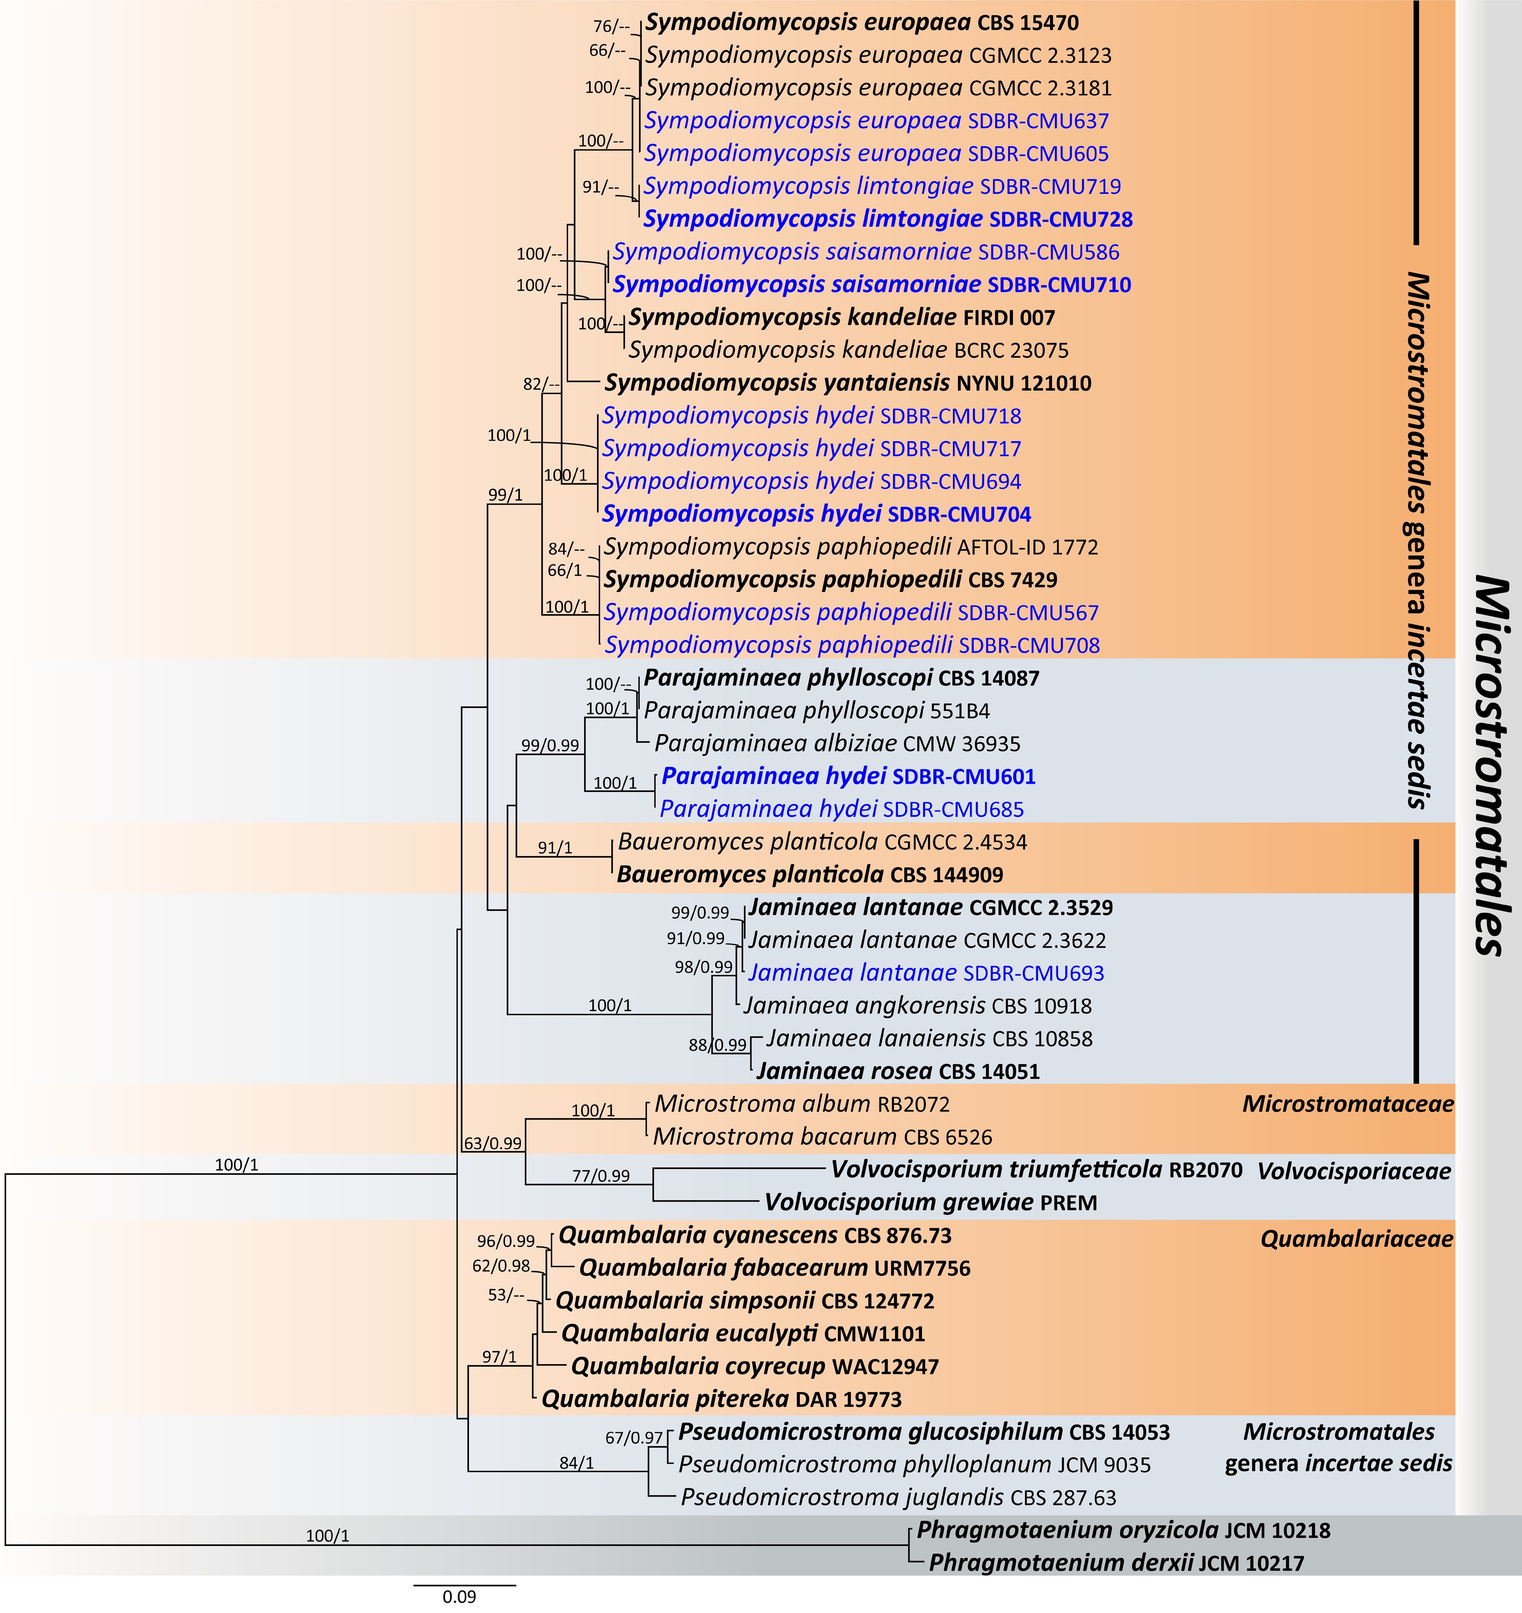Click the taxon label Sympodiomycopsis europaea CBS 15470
coord(862,23)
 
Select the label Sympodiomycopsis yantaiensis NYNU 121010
coord(848,383)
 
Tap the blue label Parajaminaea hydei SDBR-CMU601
coord(848,776)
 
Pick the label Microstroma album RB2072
coord(802,1104)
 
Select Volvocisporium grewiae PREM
coord(930,1203)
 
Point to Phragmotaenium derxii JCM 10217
coord(1116,1563)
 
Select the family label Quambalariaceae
coord(1357,1239)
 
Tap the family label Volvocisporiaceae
coord(1353,1171)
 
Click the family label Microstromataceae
coord(1348,1103)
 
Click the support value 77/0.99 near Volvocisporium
coord(601,1176)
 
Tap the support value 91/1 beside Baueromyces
coord(555,848)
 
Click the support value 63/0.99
coord(492,1143)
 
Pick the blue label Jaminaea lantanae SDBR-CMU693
coord(926,973)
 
